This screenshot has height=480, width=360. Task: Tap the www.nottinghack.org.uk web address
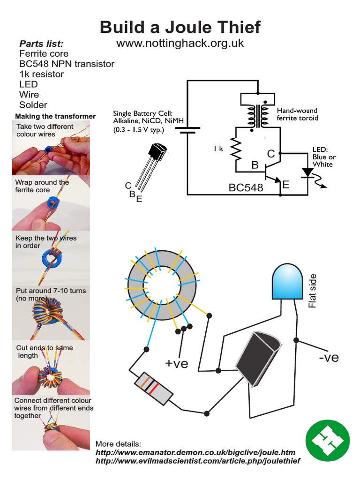(180, 43)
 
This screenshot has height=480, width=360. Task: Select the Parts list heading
(41, 44)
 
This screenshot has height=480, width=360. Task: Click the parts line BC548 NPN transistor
(67, 64)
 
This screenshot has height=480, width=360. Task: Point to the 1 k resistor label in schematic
(218, 149)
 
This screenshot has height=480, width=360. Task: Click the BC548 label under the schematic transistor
(246, 188)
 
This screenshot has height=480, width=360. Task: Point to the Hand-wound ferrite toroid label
(297, 114)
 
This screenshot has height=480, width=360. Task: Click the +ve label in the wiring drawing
(176, 363)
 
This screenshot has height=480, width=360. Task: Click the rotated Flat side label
(313, 291)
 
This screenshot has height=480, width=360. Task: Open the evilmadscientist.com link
(197, 461)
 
